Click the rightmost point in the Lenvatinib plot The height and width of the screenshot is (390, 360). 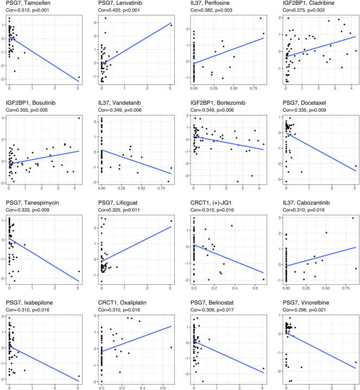(x=171, y=25)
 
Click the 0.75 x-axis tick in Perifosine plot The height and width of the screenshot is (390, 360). (x=240, y=88)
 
